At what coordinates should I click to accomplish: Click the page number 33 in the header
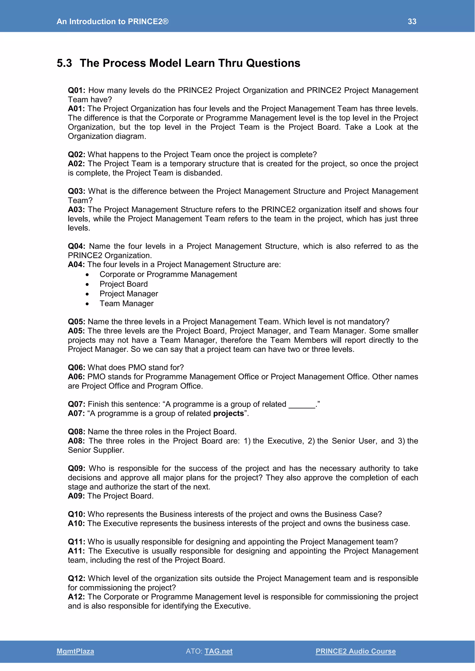tap(412, 21)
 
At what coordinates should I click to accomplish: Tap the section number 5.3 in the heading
tap(64, 63)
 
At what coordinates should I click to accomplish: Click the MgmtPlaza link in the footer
tap(75, 651)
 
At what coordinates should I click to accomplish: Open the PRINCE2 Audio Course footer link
tap(355, 651)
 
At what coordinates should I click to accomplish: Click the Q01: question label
tap(76, 90)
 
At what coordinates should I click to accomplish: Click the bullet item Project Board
tap(123, 284)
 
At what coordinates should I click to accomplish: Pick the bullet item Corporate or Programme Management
tap(168, 274)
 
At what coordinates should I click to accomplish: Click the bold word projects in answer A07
tap(228, 413)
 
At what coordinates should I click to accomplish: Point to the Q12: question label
tap(76, 578)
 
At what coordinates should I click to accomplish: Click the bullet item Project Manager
tap(129, 294)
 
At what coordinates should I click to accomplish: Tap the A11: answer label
tap(76, 551)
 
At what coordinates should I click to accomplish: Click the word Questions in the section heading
tap(273, 63)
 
